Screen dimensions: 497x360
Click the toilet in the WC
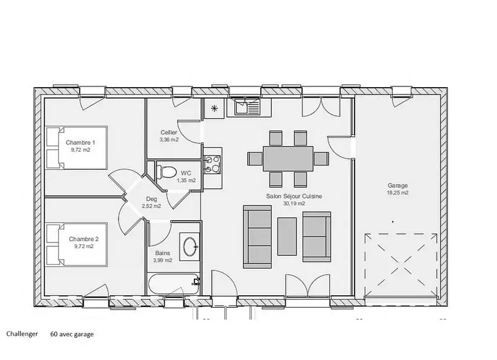pos(166,172)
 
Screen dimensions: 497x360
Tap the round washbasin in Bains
pos(190,246)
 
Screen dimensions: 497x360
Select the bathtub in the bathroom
pos(174,284)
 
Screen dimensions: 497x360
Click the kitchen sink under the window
pos(247,106)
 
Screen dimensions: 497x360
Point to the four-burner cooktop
pos(212,164)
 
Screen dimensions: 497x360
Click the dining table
pos(288,159)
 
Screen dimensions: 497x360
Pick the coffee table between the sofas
pos(287,236)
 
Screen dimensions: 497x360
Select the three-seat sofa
pos(257,237)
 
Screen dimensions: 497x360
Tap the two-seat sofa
pos(317,237)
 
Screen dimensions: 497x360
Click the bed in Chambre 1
pos(76,147)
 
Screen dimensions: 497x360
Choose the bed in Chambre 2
pos(76,244)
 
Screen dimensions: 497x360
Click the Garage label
pos(398,185)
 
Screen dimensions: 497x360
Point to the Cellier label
pos(168,132)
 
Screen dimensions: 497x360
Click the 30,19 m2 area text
pos(294,203)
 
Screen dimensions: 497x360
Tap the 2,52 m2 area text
pos(151,206)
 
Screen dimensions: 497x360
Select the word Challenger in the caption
pos(22,334)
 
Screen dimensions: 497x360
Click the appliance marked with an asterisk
pos(214,108)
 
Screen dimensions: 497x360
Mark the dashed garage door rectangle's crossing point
pos(401,265)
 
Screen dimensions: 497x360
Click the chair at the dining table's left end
pos(255,159)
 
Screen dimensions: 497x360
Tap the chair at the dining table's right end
pos(321,159)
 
